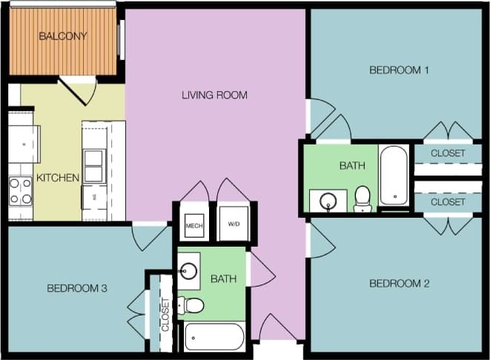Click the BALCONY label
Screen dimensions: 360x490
click(63, 36)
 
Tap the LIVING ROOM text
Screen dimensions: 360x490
click(214, 95)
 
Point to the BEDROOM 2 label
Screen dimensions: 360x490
click(400, 284)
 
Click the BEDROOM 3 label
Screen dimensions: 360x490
click(77, 288)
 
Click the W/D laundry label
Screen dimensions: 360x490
click(234, 224)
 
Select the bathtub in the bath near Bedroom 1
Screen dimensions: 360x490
click(393, 175)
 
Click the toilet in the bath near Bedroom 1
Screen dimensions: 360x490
click(362, 198)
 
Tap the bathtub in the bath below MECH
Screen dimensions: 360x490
click(214, 337)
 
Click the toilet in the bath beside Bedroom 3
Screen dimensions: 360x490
click(192, 305)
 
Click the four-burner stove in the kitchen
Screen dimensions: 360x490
click(21, 191)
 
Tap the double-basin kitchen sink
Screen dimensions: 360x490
click(93, 165)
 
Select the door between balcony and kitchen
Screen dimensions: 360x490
click(79, 90)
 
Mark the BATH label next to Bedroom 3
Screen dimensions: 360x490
click(223, 279)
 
